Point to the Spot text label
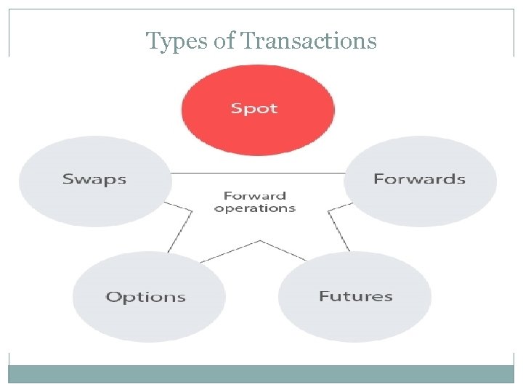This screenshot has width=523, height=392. pyautogui.click(x=254, y=109)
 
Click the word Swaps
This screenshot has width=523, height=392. pyautogui.click(x=94, y=179)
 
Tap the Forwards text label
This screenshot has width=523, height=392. pyautogui.click(x=419, y=179)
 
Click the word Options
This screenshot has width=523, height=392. pyautogui.click(x=146, y=297)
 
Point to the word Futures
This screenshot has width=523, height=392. pyautogui.click(x=355, y=296)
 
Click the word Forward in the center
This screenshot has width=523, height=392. pyautogui.click(x=254, y=195)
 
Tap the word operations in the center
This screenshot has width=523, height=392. pyautogui.click(x=255, y=208)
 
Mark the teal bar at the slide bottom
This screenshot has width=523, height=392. pyautogui.click(x=261, y=373)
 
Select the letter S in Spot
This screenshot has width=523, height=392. pyautogui.click(x=236, y=109)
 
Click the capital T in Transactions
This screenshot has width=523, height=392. pyautogui.click(x=248, y=41)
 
